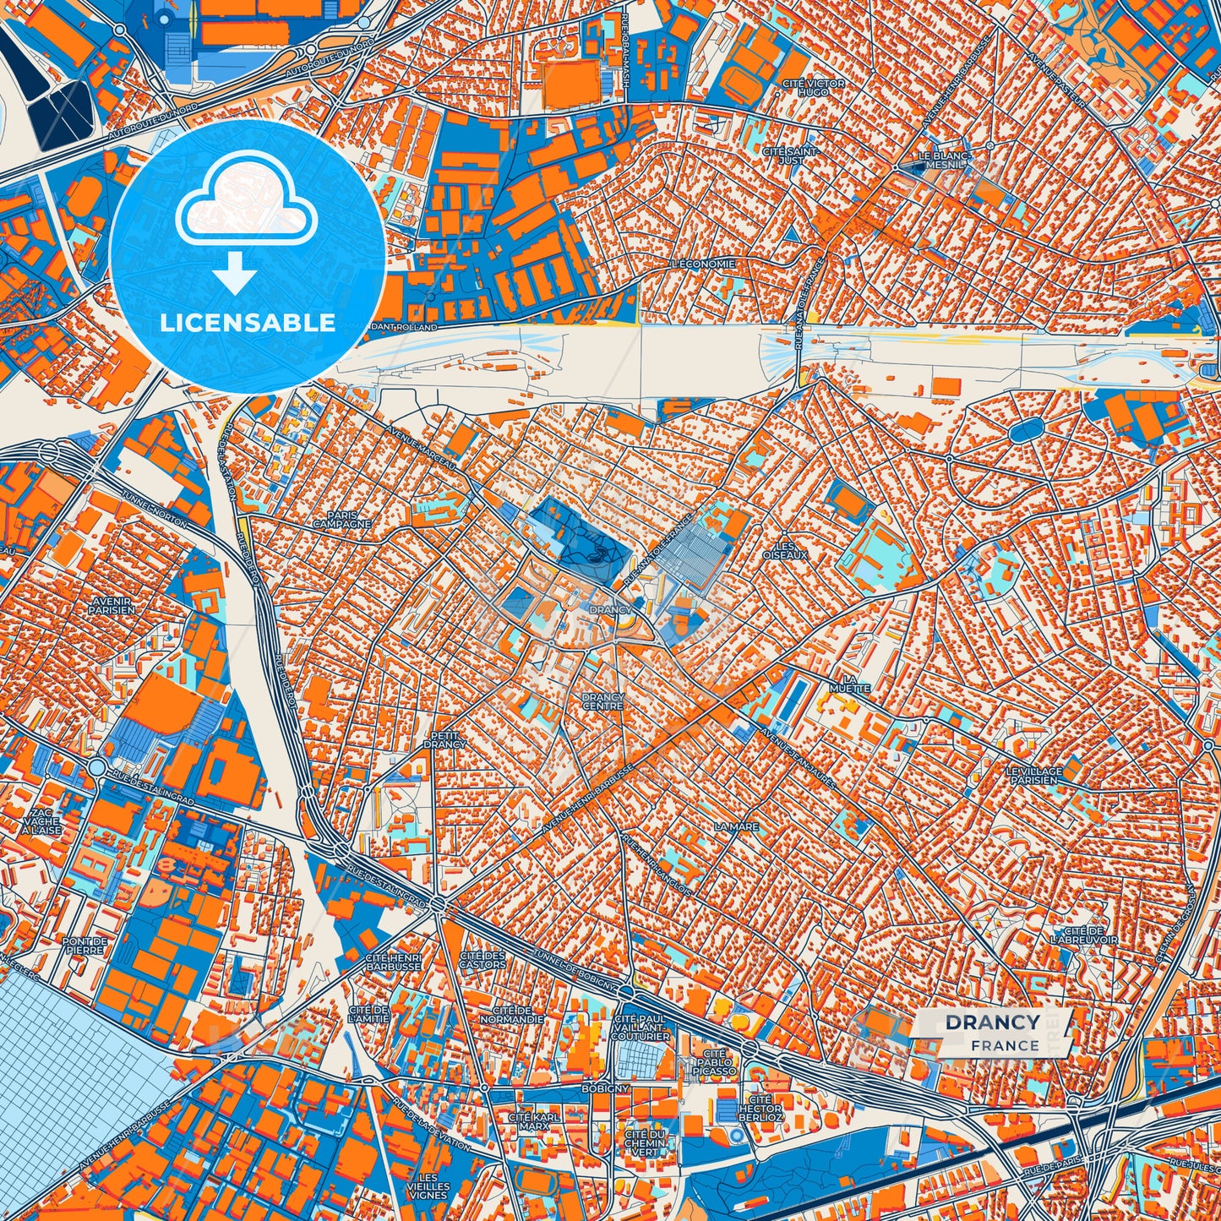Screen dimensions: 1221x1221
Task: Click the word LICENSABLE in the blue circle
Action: click(248, 323)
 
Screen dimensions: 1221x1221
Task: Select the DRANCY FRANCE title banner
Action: click(993, 1032)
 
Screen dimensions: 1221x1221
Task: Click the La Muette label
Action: click(849, 684)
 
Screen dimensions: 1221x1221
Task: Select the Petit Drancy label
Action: click(444, 739)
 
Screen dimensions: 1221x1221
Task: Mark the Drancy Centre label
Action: click(602, 701)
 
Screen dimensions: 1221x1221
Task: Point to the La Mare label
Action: click(737, 826)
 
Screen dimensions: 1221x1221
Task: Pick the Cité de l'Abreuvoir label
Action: click(1084, 935)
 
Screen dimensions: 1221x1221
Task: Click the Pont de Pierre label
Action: click(84, 945)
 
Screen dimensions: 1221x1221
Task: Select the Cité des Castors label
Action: click(482, 959)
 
